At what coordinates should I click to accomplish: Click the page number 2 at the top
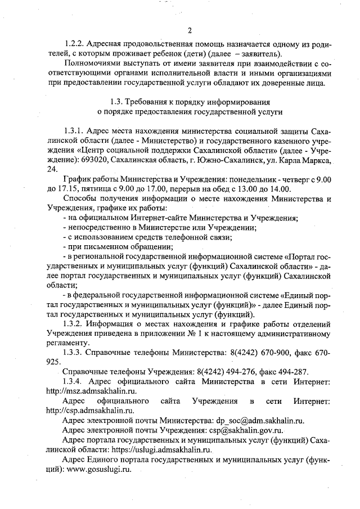click(190, 30)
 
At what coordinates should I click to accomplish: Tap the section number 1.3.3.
click(75, 352)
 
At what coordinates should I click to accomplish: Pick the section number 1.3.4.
click(75, 381)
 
